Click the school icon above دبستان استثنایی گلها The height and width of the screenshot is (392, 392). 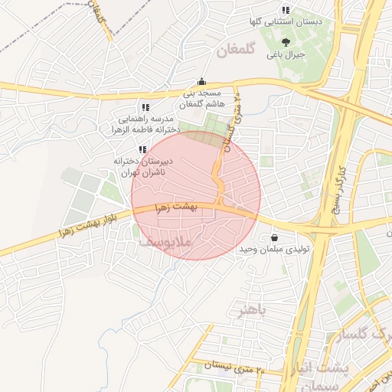click(285, 10)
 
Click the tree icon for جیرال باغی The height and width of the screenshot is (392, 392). click(286, 42)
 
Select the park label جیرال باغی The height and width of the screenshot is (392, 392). click(286, 55)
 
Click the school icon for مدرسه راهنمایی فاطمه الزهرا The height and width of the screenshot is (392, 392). click(145, 107)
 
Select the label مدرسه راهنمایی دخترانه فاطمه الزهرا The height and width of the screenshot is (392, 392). click(145, 125)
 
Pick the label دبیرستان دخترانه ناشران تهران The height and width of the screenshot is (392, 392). click(145, 167)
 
